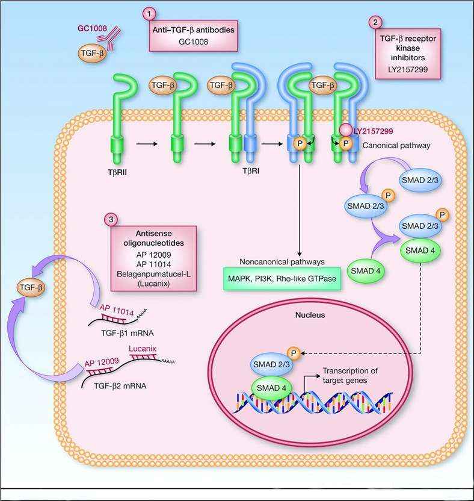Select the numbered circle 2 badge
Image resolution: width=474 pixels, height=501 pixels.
pyautogui.click(x=376, y=22)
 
